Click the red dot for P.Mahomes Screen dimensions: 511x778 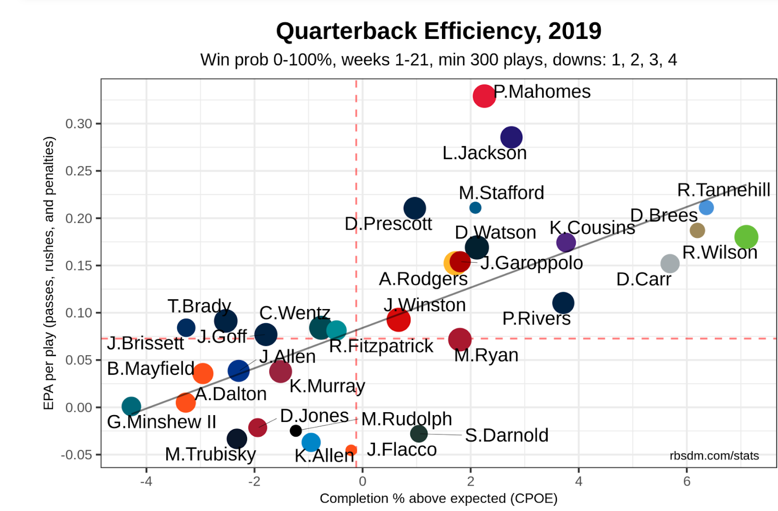[x=484, y=96]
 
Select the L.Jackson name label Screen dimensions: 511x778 [x=484, y=153]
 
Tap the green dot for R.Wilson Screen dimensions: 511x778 [x=746, y=237]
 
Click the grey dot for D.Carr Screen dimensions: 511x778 [x=670, y=263]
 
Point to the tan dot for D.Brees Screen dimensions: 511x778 [x=697, y=230]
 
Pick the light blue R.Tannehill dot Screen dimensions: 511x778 [x=706, y=208]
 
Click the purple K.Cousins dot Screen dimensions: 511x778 [x=566, y=242]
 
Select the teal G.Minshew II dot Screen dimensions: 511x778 [x=131, y=406]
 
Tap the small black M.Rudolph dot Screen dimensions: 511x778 [x=296, y=431]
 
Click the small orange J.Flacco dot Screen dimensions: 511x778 [x=351, y=451]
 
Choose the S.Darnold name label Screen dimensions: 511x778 [x=506, y=436]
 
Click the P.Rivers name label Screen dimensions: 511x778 [x=536, y=319]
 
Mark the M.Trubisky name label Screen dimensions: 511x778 [x=210, y=455]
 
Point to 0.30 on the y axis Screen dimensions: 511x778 [x=79, y=124]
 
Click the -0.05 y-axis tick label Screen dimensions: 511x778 [x=76, y=455]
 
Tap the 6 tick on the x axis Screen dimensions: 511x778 [x=687, y=481]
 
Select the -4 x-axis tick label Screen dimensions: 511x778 [x=146, y=481]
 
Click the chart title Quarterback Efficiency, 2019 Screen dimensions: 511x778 [x=439, y=31]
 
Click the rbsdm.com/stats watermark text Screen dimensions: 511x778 [x=714, y=456]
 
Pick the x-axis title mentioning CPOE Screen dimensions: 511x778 [x=438, y=498]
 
